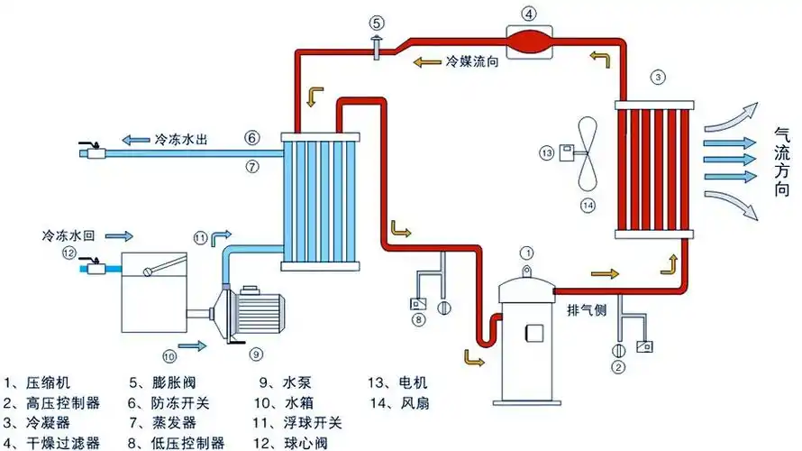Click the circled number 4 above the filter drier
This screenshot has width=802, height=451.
529,14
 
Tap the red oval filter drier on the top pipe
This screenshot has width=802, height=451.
530,41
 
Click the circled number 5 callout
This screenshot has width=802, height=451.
376,23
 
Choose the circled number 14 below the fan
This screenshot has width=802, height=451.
588,206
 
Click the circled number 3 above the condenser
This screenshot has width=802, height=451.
659,78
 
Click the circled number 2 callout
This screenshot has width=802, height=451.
618,366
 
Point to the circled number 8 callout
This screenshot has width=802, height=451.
417,319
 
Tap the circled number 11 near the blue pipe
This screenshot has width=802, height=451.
199,237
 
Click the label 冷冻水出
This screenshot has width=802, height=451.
180,139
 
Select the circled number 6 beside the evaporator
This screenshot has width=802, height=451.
252,138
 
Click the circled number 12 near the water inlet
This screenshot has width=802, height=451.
68,253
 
